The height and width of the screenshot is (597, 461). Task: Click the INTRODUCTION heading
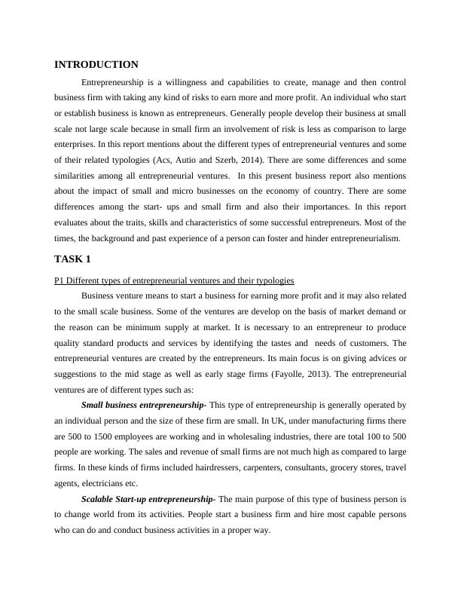coord(96,65)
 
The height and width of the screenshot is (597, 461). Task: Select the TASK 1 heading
coord(73,259)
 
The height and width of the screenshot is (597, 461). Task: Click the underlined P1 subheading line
coord(174,280)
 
